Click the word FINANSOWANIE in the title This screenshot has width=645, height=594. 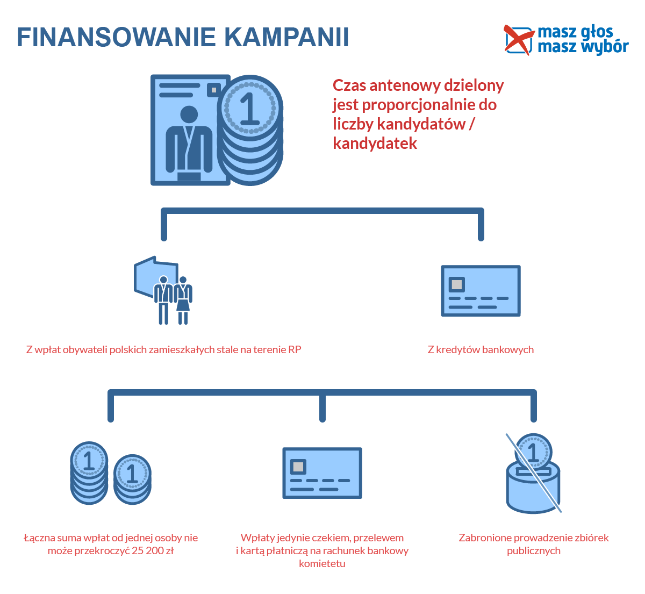point(116,37)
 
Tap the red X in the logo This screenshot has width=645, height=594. point(518,40)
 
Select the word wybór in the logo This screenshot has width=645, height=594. point(605,47)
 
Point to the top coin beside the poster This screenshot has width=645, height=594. point(250,108)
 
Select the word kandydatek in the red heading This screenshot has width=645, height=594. point(375,144)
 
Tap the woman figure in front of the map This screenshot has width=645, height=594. point(183,300)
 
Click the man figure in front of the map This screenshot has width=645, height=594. point(163,300)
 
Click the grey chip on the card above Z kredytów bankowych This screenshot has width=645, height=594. point(456,284)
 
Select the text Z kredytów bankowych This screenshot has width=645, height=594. point(481,349)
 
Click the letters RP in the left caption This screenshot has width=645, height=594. point(295,349)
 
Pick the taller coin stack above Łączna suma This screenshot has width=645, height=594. point(89,473)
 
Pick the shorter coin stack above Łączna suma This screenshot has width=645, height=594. point(132,479)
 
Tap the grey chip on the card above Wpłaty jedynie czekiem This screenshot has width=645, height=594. point(298,467)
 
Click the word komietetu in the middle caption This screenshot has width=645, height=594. point(322,564)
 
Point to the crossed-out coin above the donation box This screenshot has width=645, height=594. point(533,452)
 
